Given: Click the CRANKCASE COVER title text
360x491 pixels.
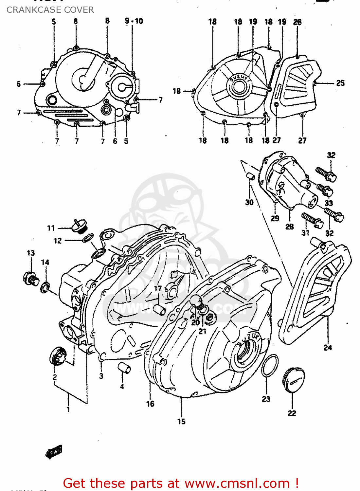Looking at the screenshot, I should (50, 10).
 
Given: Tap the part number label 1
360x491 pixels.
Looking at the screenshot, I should (68, 409).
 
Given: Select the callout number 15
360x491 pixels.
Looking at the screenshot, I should (181, 421).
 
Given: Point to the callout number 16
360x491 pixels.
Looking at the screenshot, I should (150, 404).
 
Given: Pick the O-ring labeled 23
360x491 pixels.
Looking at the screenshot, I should (270, 365).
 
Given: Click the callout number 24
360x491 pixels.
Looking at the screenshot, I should (328, 348).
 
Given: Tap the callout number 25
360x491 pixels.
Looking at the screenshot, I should (340, 83).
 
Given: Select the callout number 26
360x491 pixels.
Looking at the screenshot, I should (297, 22).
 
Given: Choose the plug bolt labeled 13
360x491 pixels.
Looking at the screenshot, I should (31, 278).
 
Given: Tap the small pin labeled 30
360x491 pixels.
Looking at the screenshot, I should (250, 176).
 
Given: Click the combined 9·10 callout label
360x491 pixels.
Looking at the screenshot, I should (134, 21).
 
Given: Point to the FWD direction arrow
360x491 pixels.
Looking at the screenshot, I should (54, 452).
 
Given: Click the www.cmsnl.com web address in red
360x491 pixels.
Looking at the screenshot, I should (237, 483).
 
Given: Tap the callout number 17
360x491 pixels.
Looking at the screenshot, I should (158, 288).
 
